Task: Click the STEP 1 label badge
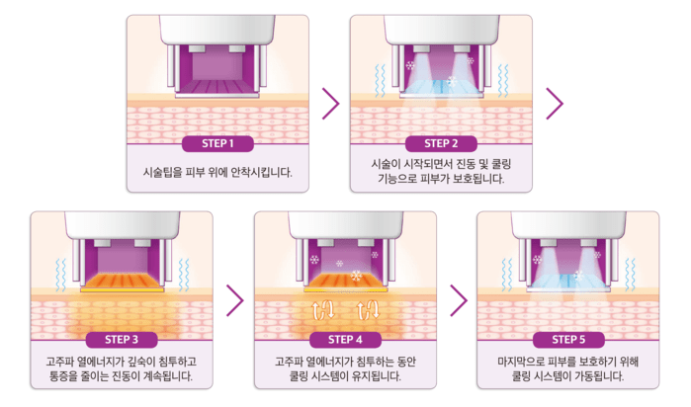pos(217,143)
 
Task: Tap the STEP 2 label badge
pos(441,143)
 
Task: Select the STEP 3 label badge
pos(122,340)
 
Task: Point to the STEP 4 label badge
pos(345,340)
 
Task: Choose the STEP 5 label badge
pos(568,340)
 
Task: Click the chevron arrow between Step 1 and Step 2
pos(331,104)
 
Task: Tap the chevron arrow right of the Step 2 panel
pos(555,104)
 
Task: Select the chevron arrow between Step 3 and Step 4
pos(235,300)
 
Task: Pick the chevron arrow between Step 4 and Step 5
pos(459,300)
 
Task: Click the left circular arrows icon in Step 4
pos(324,309)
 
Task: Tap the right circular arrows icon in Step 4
pos(368,309)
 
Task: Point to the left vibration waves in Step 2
pos(380,81)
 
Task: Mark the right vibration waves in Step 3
pos(184,275)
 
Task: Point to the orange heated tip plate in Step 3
pos(122,283)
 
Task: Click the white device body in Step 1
pos(217,30)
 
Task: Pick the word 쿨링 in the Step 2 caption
pos(501,164)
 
